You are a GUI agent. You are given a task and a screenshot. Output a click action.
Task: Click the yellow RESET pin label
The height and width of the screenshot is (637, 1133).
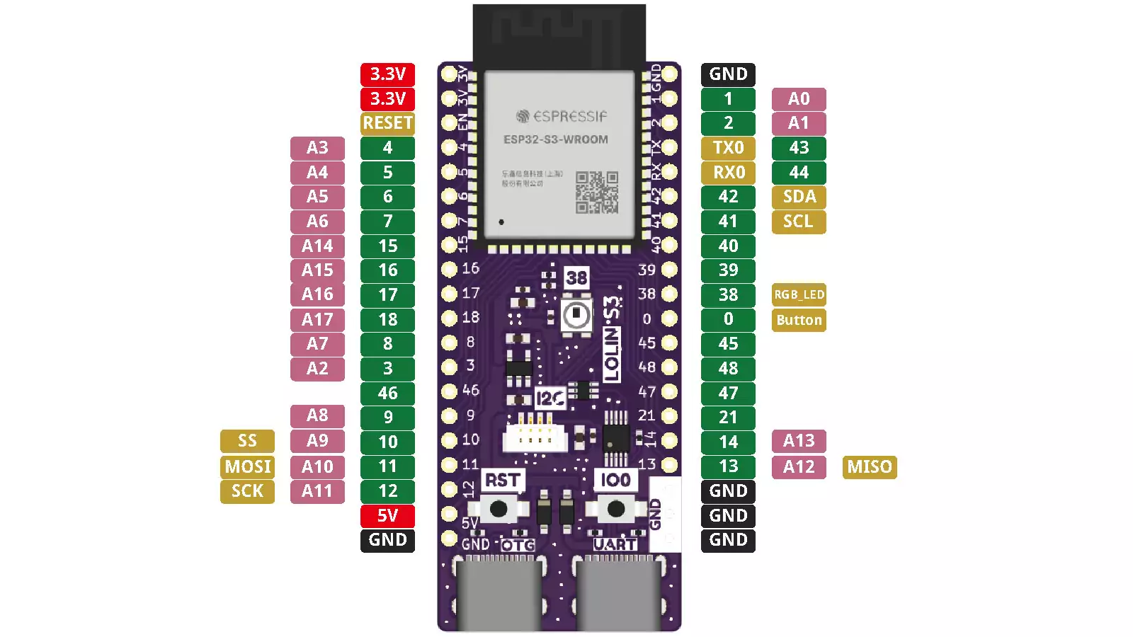pos(387,123)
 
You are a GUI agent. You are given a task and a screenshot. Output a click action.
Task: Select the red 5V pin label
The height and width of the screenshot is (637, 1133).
pos(387,515)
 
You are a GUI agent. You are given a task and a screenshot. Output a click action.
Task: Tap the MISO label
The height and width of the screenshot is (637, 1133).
pos(870,466)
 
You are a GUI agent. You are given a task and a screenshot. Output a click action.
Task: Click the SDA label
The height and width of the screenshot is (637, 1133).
pos(799,197)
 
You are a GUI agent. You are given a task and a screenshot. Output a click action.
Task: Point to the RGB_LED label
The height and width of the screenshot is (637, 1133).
pos(799,294)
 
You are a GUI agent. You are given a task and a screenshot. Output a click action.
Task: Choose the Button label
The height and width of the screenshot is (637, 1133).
pos(799,320)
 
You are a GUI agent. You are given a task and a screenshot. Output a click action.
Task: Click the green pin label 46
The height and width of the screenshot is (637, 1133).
pos(387,393)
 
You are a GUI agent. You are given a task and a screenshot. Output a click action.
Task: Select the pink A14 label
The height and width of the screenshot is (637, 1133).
pos(317,246)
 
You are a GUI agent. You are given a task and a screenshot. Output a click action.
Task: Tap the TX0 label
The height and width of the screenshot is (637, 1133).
pos(728,148)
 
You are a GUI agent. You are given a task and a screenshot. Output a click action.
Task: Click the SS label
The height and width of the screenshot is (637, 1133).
pos(247,441)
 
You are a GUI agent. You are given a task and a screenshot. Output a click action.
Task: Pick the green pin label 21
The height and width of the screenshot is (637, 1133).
pos(728,418)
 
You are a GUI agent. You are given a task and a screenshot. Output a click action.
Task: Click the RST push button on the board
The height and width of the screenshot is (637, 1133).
pos(499,508)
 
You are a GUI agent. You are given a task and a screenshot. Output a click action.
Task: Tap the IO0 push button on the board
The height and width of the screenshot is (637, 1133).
pos(616,508)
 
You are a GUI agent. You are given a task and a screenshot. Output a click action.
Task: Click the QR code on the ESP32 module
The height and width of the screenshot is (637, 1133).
pos(597,192)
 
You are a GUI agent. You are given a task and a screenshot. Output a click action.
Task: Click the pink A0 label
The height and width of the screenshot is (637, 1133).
pos(799,99)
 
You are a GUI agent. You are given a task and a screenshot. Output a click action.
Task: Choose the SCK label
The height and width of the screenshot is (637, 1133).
pos(247,491)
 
